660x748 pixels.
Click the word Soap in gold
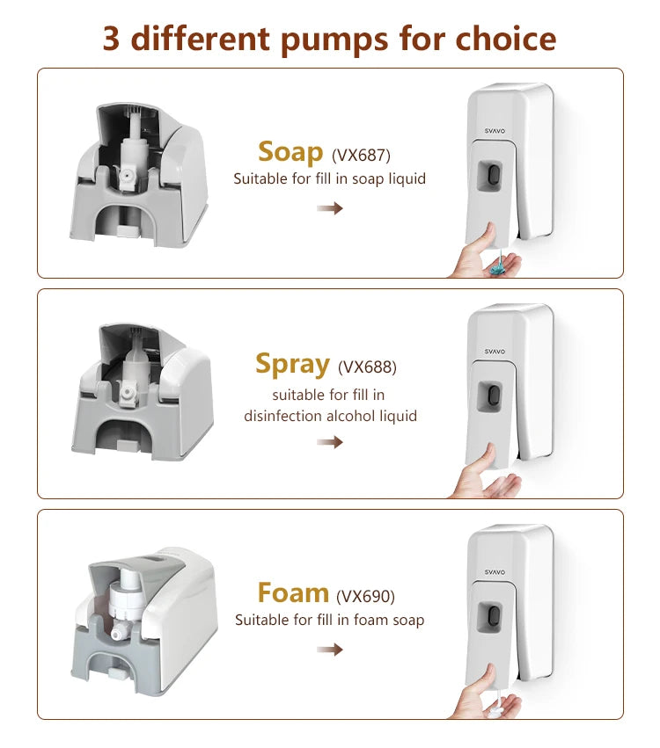[x=290, y=152]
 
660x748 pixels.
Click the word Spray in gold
[x=292, y=365]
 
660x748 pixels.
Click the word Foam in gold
[x=293, y=593]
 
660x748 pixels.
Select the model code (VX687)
[x=361, y=155]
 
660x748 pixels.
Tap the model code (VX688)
[x=367, y=367]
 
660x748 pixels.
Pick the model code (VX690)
[x=365, y=596]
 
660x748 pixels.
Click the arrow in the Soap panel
[x=330, y=208]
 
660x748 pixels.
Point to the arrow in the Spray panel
[x=330, y=442]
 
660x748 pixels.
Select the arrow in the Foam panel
[x=330, y=650]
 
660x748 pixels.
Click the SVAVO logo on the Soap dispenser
[x=495, y=131]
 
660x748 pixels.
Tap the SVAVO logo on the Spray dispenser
[x=495, y=351]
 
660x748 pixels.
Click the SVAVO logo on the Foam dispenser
[x=495, y=571]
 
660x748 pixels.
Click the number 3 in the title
[x=111, y=39]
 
